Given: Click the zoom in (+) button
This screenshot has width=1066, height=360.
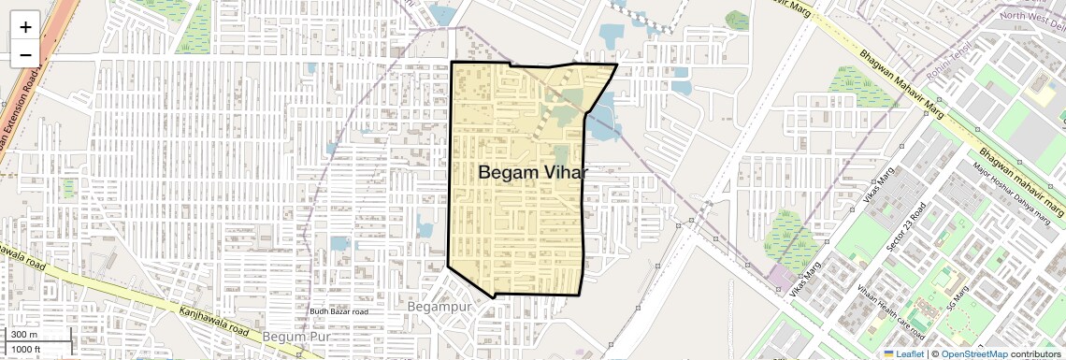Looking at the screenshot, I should (25, 26).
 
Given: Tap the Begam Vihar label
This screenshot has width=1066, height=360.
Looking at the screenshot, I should (532, 173).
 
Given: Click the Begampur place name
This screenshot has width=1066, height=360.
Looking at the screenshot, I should (443, 306).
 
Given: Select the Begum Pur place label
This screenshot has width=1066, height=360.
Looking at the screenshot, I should (297, 336).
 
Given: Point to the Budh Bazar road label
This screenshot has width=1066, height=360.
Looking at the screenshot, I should (339, 311).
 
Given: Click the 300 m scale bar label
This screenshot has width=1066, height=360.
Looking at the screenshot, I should (25, 335).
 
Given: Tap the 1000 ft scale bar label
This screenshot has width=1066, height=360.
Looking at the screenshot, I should (26, 350).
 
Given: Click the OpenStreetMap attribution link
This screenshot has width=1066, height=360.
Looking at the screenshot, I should (973, 353).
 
